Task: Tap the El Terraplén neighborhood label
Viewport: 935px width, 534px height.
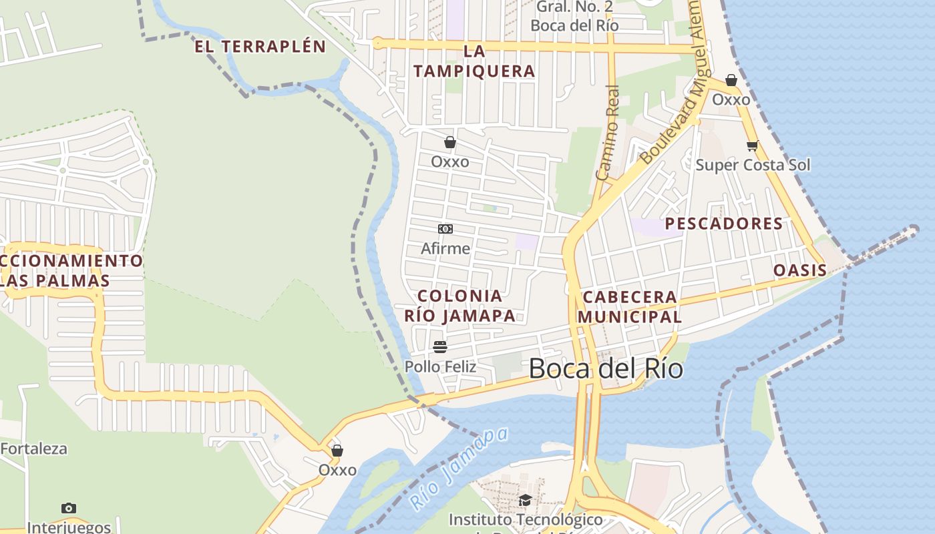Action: (260, 47)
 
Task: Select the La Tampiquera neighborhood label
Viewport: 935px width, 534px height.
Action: (474, 61)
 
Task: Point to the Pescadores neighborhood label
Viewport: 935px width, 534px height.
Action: (723, 224)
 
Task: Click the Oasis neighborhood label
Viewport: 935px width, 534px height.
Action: (799, 270)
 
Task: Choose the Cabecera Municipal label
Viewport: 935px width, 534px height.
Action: (629, 306)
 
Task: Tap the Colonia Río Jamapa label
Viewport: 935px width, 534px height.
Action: (459, 306)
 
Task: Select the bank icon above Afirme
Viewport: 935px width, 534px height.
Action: (445, 229)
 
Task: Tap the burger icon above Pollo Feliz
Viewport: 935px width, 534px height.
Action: (439, 347)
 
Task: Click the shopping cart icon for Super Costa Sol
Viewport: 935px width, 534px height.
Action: (752, 146)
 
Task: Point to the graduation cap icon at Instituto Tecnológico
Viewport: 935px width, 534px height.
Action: (525, 500)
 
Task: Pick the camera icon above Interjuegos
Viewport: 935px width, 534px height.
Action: (68, 509)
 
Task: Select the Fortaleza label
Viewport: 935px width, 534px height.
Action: (33, 449)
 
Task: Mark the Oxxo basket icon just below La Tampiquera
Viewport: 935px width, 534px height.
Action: (450, 142)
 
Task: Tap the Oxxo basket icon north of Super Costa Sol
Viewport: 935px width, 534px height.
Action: (731, 80)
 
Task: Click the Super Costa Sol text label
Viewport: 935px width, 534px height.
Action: (753, 165)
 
